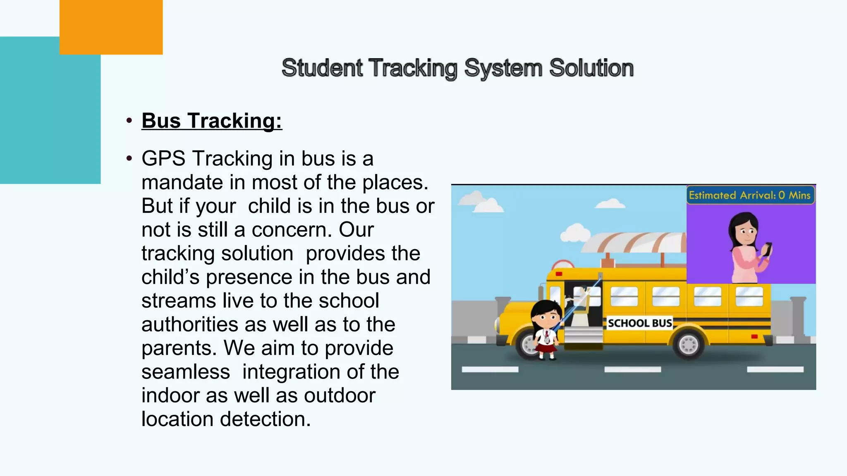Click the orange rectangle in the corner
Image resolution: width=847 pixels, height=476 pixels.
(111, 27)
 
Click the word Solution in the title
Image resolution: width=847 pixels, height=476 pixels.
(591, 68)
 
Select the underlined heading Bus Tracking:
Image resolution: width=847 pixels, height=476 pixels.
(212, 121)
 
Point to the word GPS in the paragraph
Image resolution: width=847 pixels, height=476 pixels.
(163, 159)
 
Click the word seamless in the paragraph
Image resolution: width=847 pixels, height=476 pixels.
(186, 372)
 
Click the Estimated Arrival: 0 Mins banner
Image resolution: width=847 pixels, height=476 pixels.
(750, 195)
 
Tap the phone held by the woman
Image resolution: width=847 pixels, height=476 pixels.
(767, 249)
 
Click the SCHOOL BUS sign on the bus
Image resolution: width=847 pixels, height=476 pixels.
(639, 323)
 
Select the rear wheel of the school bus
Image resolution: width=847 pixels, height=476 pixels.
(689, 344)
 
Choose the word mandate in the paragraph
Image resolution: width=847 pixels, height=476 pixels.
(194, 183)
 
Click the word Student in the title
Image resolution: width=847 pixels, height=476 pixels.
(322, 68)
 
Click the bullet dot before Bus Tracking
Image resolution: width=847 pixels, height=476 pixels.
(129, 121)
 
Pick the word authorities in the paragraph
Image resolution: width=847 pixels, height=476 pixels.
(189, 325)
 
